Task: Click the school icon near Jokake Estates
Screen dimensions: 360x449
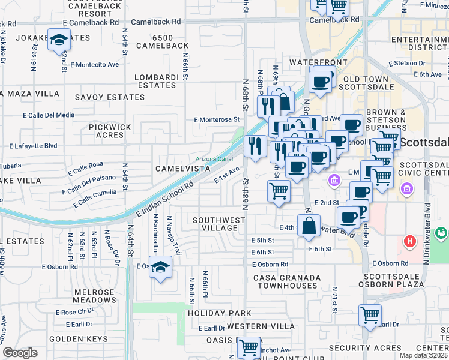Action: pos(58,41)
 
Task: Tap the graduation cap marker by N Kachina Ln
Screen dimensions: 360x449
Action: pos(160,267)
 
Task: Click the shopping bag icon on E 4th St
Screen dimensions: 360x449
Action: pos(309,227)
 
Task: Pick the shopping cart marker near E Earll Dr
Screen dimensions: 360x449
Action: pos(370,315)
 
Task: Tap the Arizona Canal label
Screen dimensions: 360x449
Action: pos(214,159)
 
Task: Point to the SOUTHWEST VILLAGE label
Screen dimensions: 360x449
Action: pos(219,224)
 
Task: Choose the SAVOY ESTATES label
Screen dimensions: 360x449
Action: pos(110,97)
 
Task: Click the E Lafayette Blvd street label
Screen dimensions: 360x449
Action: pos(33,145)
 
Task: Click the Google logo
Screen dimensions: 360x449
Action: pos(19,353)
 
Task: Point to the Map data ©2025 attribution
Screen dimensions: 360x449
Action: pos(423,355)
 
